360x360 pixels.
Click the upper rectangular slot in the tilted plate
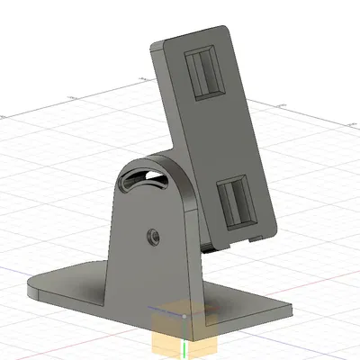pos(205,74)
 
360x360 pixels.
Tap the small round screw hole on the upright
pos(152,237)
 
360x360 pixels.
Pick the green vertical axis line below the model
pos(183,351)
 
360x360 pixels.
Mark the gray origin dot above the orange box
pos(184,316)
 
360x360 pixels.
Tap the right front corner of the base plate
pos(292,307)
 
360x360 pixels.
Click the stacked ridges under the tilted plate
pos(211,246)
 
